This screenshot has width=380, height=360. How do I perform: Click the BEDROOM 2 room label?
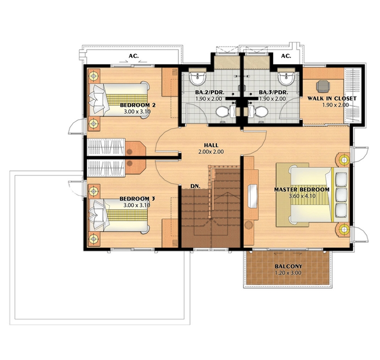(138, 105)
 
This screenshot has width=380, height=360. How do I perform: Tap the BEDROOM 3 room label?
(137, 199)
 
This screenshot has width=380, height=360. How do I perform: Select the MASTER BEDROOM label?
(302, 189)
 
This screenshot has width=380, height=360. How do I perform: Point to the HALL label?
(211, 145)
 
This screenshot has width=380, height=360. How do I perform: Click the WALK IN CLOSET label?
(332, 99)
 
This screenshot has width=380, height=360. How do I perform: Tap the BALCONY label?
(288, 266)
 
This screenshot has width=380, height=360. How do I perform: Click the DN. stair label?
(195, 186)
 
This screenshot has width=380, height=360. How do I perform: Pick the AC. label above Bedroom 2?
(134, 56)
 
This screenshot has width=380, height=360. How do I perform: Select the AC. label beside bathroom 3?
(286, 56)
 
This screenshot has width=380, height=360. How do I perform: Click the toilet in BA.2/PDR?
(223, 112)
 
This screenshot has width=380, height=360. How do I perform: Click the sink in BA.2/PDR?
(198, 78)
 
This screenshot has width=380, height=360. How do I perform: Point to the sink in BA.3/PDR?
(286, 78)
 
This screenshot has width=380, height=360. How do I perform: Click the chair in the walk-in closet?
(323, 86)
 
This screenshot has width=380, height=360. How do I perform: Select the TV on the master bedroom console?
(252, 196)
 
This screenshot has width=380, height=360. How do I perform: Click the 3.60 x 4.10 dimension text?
(302, 196)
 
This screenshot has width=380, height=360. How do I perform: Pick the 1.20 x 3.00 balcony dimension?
(288, 273)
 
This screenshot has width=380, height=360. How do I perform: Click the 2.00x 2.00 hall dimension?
(211, 152)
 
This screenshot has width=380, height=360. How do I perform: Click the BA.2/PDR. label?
(210, 92)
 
